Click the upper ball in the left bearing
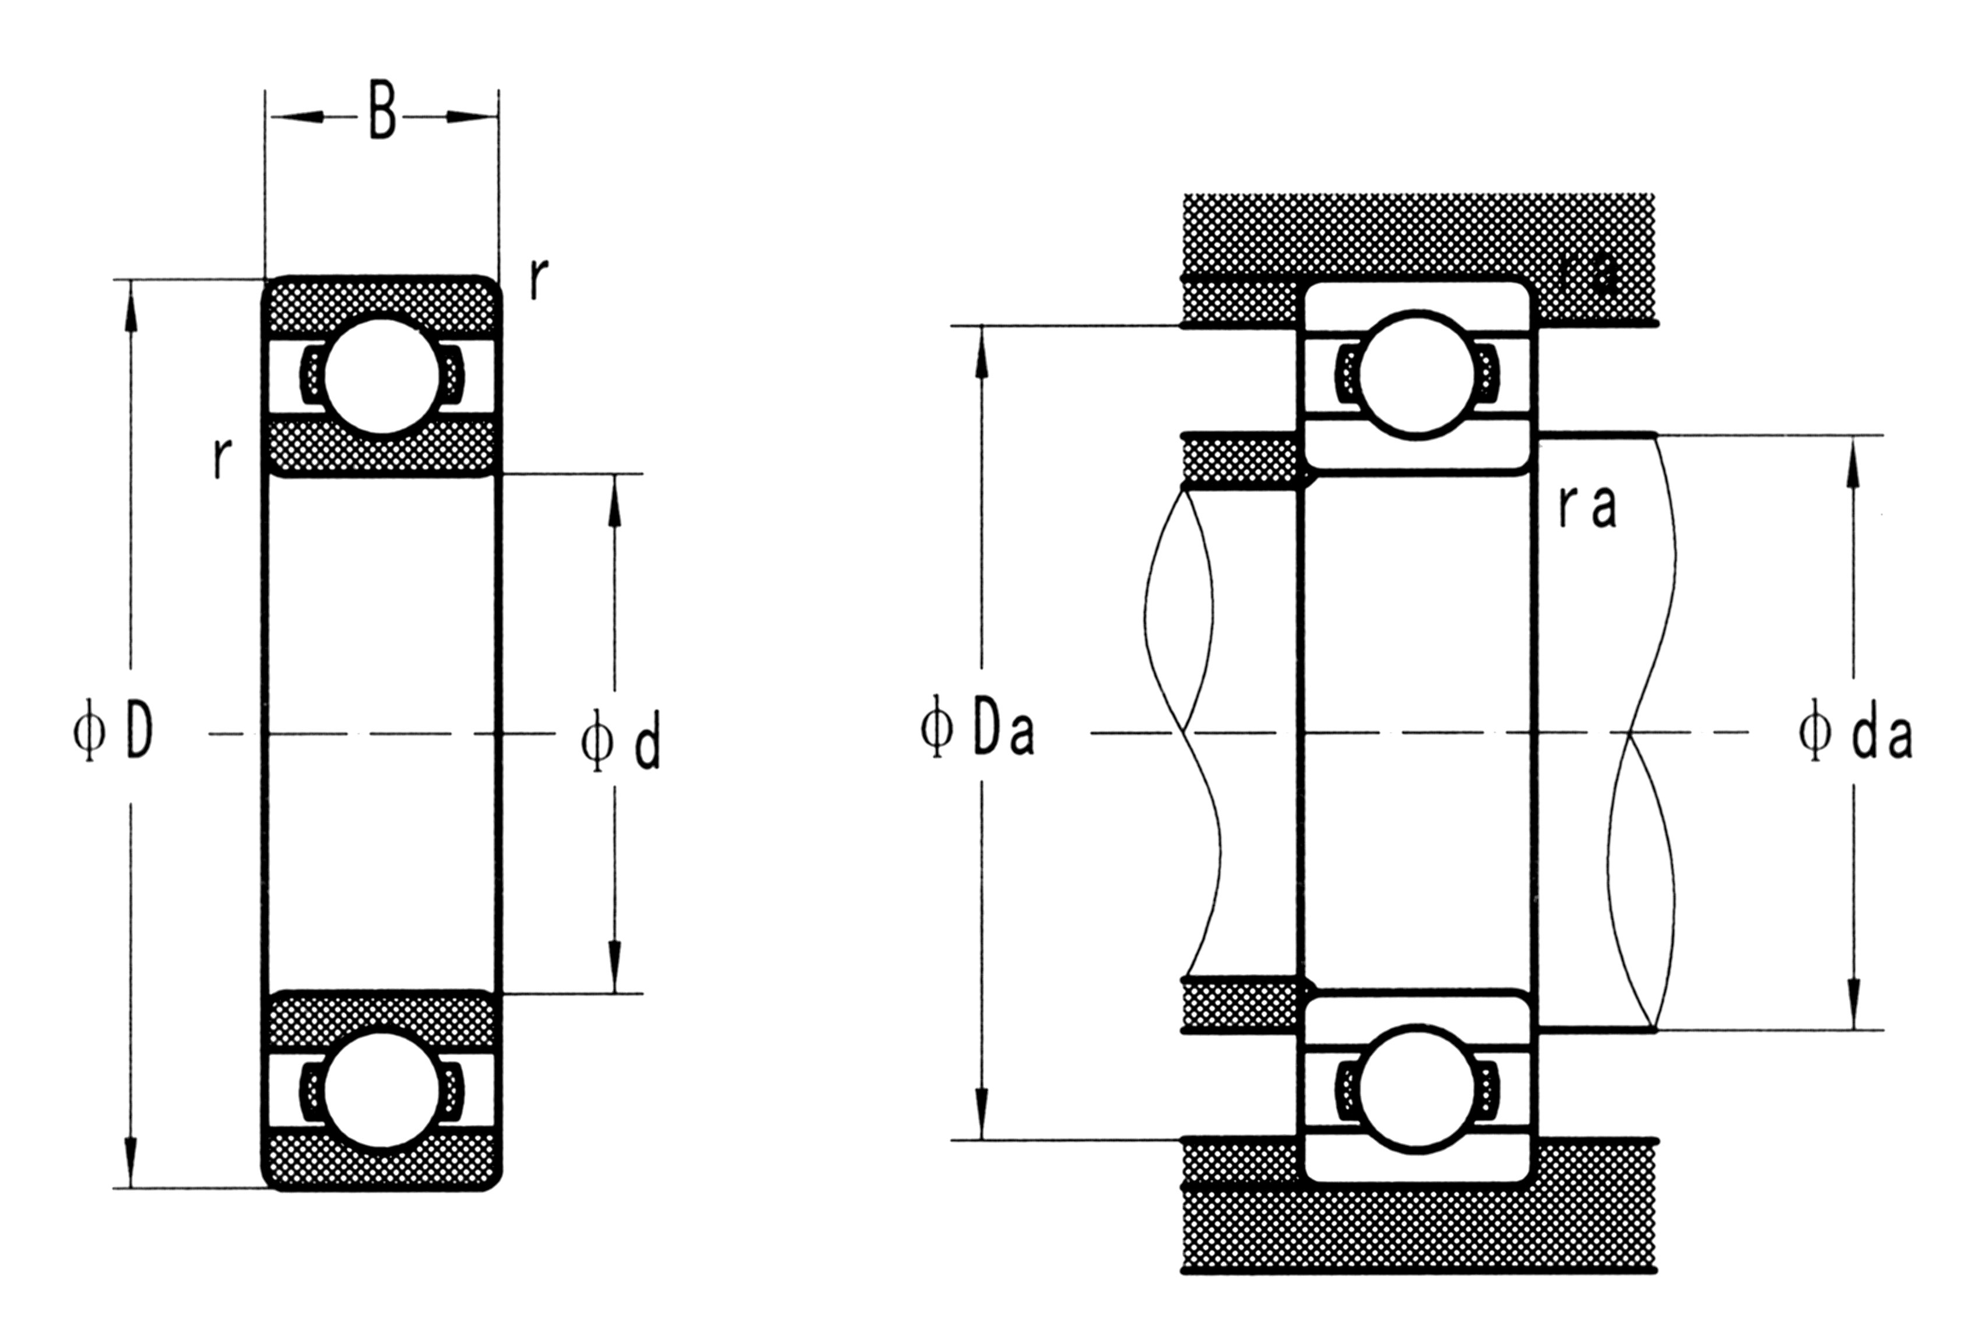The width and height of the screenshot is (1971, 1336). (382, 376)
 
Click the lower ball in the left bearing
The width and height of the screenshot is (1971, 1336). (382, 1090)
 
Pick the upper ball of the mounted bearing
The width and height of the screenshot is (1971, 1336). (1417, 375)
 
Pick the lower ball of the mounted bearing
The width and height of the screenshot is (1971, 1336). (1417, 1088)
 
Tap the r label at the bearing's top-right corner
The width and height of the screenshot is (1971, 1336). (537, 279)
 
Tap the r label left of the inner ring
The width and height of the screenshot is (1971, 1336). (222, 459)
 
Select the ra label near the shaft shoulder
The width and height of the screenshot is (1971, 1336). (1587, 507)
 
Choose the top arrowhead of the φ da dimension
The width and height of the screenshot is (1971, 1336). (1853, 462)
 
